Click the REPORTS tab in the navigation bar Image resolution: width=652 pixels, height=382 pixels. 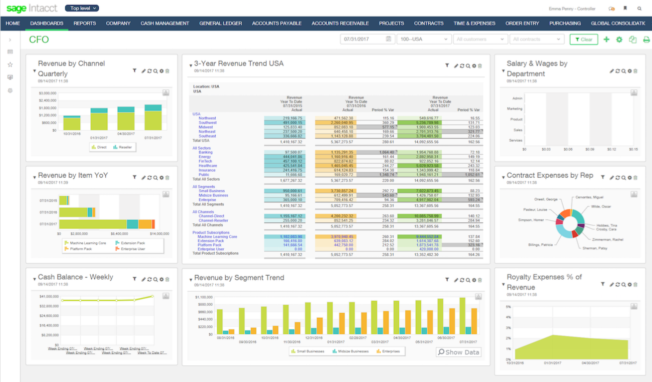[x=84, y=23]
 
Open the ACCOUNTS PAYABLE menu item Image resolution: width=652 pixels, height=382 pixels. [x=276, y=23]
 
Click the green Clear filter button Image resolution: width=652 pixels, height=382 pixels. [x=583, y=39]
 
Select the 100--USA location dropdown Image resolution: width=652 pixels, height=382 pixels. [x=423, y=39]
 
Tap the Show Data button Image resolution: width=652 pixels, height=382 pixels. [x=458, y=352]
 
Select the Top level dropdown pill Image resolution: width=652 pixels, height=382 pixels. [x=82, y=8]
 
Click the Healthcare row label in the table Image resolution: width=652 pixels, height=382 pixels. [x=208, y=166]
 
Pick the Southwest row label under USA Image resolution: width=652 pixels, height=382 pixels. [x=207, y=122]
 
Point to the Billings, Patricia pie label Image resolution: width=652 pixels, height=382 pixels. [x=541, y=245]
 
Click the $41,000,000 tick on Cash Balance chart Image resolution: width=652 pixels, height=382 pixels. [x=49, y=297]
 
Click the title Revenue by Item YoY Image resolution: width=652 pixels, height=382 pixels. [x=73, y=175]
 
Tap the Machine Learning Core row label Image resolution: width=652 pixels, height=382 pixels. [x=217, y=236]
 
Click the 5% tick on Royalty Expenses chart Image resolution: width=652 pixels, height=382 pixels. [x=508, y=307]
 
